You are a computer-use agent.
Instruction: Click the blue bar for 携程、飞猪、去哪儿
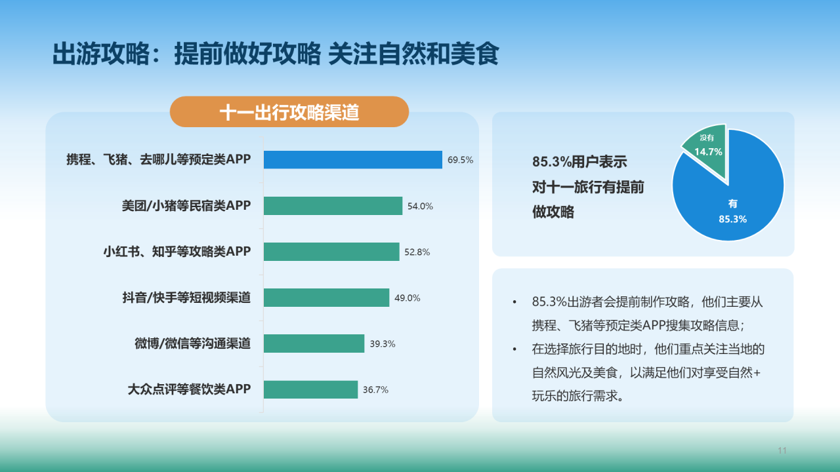(353, 160)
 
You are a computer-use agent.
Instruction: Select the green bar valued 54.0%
(333, 206)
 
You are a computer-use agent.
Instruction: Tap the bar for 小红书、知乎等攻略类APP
(331, 252)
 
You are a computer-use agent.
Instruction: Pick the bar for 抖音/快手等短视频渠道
(326, 298)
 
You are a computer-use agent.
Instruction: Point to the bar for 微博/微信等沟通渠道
(314, 344)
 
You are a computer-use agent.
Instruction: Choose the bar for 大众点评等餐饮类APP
(310, 389)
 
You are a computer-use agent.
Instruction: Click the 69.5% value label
(460, 160)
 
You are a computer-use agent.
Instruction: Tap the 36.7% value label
(375, 389)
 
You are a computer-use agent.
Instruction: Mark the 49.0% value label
(407, 298)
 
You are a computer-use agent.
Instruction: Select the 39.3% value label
(382, 344)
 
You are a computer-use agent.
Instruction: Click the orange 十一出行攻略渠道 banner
(289, 112)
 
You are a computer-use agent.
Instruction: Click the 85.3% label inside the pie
(732, 219)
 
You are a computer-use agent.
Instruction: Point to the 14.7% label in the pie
(708, 151)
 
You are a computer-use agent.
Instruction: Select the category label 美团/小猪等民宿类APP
(186, 206)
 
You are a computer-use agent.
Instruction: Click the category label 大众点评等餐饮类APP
(189, 389)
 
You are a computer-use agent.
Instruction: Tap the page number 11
(782, 450)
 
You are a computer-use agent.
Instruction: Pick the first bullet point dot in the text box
(514, 303)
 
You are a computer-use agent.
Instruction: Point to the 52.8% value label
(417, 252)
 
